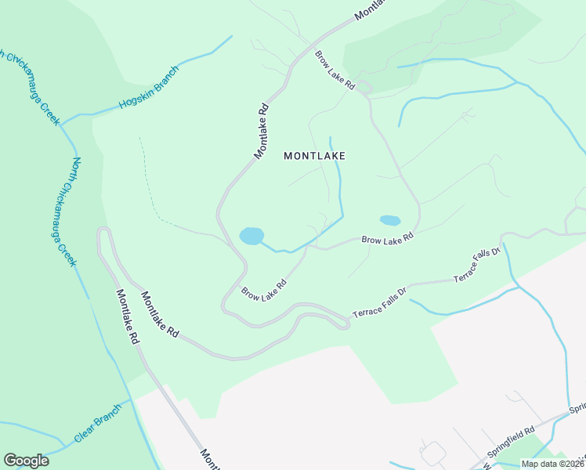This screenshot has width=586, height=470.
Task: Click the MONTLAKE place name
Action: coord(314,156)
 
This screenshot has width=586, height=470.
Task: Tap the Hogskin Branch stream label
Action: coord(149,88)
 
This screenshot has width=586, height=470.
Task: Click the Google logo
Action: coord(26,461)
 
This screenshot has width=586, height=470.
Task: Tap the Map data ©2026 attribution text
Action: coord(552,464)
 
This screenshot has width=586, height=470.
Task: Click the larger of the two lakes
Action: coord(251,236)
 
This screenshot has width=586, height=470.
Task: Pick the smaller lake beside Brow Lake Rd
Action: coord(389,221)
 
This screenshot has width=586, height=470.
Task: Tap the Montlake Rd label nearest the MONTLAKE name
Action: coord(262,132)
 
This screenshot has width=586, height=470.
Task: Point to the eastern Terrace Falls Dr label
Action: coord(476,267)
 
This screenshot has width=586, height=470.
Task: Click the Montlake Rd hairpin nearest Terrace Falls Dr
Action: coord(342,322)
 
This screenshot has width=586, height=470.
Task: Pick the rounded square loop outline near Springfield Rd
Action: coord(432,453)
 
